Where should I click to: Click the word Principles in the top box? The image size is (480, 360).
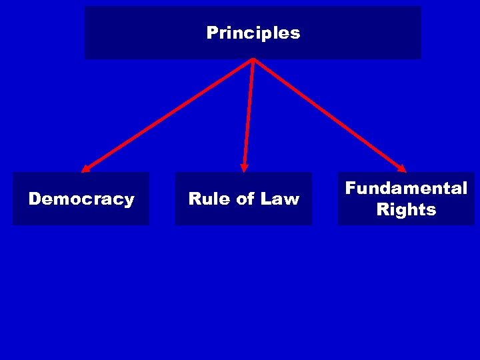[x=253, y=33]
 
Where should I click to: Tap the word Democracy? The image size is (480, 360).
[x=81, y=199]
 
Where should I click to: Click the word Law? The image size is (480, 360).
[x=280, y=199]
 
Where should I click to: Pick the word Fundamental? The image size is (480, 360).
[x=406, y=188]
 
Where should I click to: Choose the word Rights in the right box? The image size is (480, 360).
[x=406, y=209]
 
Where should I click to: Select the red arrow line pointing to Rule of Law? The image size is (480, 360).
[x=249, y=113]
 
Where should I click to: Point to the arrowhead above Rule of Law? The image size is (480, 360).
[x=245, y=167]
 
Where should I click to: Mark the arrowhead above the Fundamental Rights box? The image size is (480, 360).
[x=401, y=167]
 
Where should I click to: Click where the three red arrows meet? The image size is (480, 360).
[x=253, y=60]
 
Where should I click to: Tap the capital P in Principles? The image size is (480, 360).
[x=212, y=33]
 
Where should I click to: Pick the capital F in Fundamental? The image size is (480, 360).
[x=350, y=188]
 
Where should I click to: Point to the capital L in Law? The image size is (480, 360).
[x=266, y=199]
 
